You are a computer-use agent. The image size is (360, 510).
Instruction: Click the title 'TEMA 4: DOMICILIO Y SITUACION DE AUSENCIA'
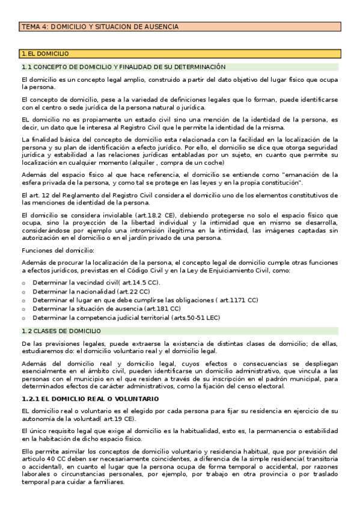coord(100,27)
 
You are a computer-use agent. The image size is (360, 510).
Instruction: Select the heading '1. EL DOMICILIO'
coord(45,54)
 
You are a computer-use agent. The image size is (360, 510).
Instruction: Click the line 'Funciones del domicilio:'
coord(58,250)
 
